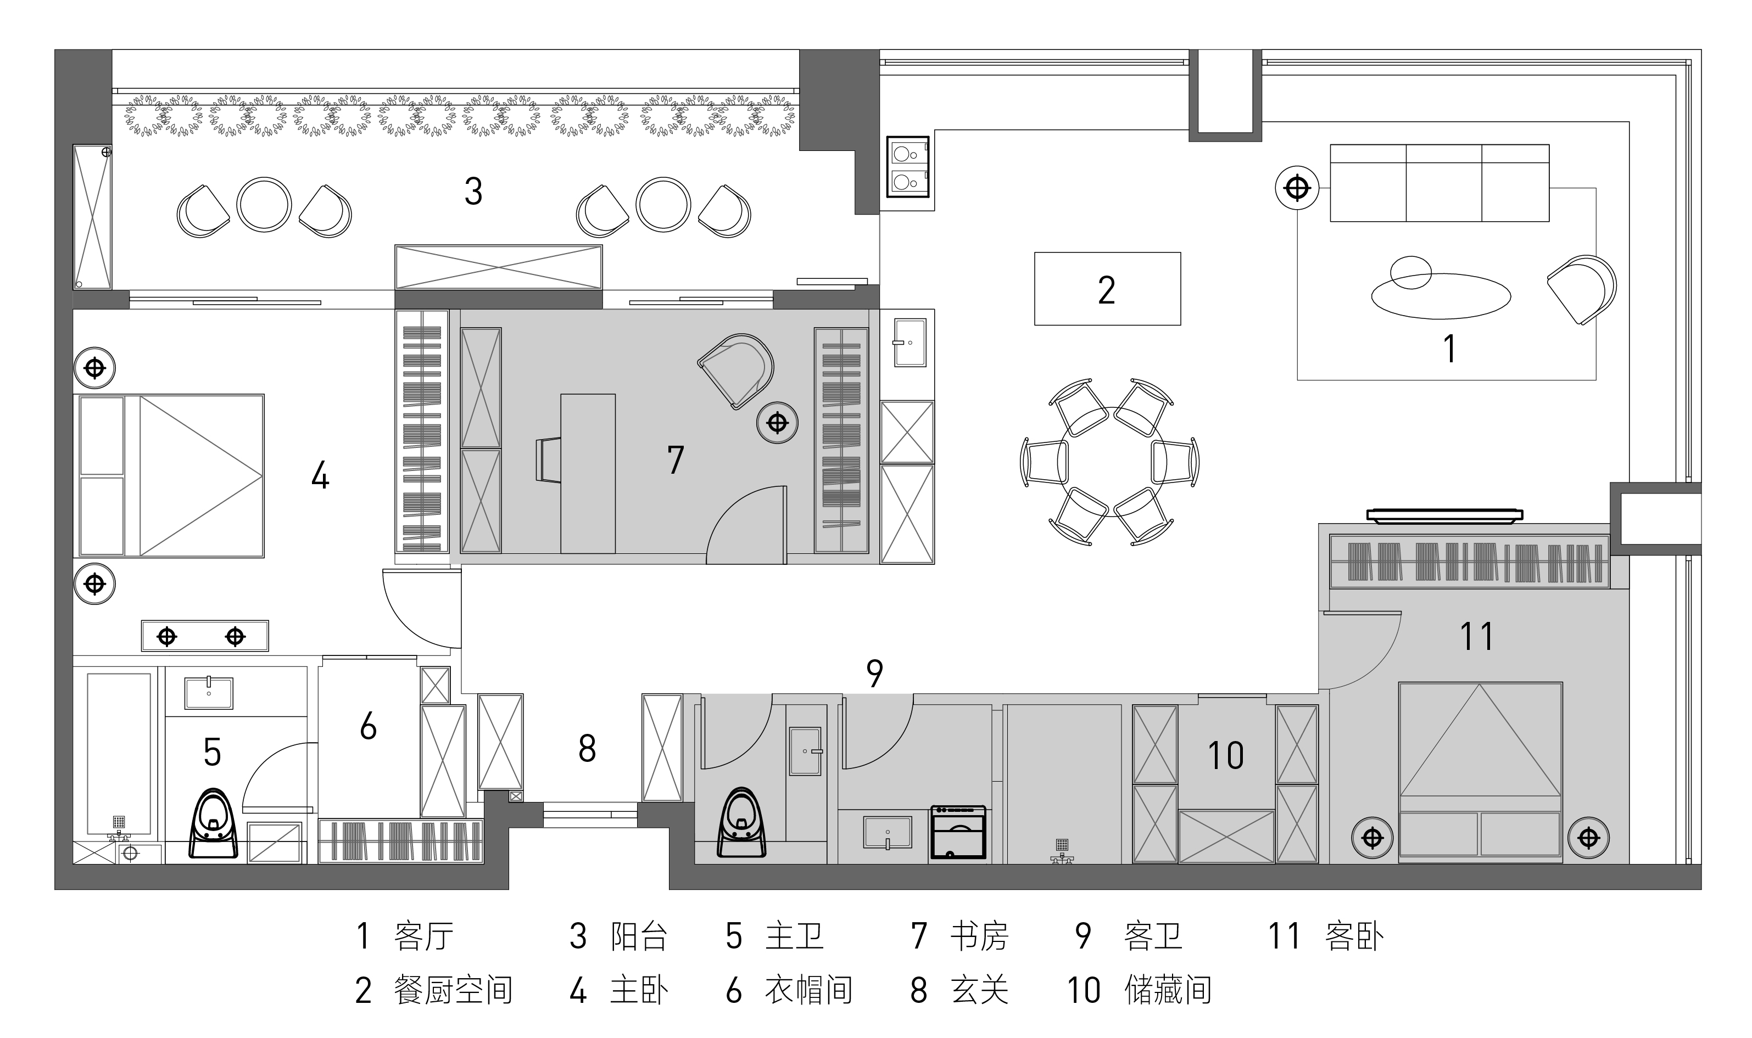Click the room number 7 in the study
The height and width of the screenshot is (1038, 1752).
pyautogui.click(x=675, y=460)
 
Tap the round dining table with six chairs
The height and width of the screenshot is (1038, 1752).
pyautogui.click(x=1110, y=462)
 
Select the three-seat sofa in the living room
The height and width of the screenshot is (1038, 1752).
pyautogui.click(x=1439, y=183)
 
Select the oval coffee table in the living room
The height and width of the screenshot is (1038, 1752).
pyautogui.click(x=1441, y=296)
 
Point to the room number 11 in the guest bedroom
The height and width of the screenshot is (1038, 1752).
pyautogui.click(x=1476, y=637)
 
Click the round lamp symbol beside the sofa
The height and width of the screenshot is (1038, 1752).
pyautogui.click(x=1297, y=188)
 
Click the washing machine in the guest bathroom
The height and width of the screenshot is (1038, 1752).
pyautogui.click(x=958, y=832)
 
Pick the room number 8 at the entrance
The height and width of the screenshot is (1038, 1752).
pyautogui.click(x=587, y=748)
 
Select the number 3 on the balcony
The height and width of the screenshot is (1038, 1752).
pyautogui.click(x=473, y=191)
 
